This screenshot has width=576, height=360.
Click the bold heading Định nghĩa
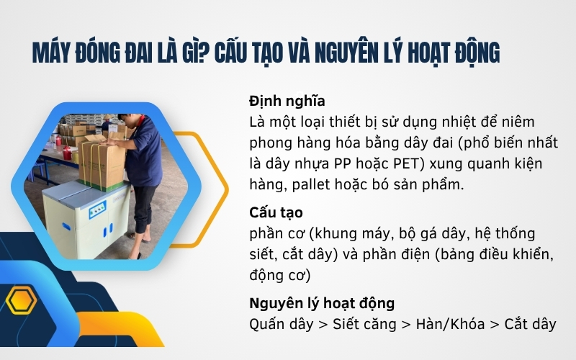[x=287, y=101]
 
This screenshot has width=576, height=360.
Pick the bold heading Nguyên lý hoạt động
[x=322, y=302]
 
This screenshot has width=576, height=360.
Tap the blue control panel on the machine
[x=96, y=212]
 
